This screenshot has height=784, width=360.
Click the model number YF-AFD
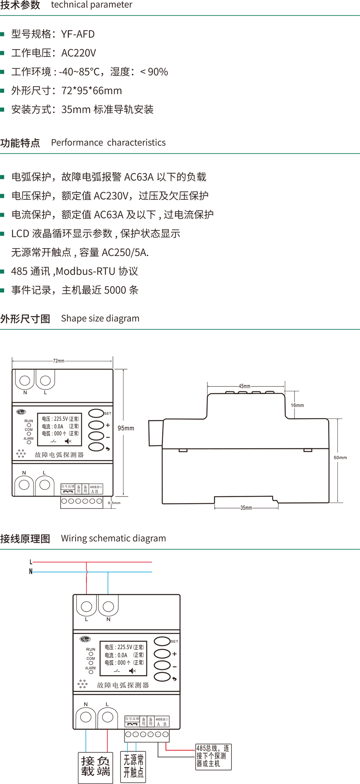[78, 34]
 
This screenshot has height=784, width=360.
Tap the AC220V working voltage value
[78, 53]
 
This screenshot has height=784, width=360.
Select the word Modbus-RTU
[86, 271]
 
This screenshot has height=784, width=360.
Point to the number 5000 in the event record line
[115, 290]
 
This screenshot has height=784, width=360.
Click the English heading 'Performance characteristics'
[108, 142]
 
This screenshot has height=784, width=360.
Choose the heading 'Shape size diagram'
[100, 318]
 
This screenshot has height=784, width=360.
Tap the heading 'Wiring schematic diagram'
[113, 538]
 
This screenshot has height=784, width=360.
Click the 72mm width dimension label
[59, 361]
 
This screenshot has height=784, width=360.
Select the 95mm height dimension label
[126, 428]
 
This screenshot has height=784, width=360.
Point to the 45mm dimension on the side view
[245, 386]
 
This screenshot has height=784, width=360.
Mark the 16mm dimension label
[297, 405]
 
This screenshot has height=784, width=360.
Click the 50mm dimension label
[340, 458]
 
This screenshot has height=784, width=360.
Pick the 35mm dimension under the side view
[246, 508]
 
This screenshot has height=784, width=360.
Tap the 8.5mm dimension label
[114, 503]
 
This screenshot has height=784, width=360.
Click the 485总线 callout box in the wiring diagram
[213, 757]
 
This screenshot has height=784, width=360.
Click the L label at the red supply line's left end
[31, 562]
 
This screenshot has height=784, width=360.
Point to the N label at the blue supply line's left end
[31, 571]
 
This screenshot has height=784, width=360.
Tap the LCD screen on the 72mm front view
[60, 429]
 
